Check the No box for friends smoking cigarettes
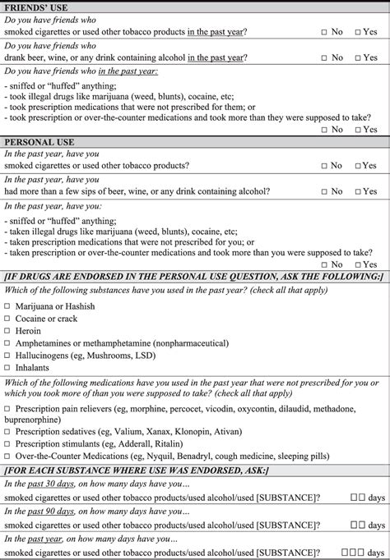pos(324,32)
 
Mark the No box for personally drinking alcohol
pos(324,191)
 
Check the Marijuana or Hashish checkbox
pos(7,305)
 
